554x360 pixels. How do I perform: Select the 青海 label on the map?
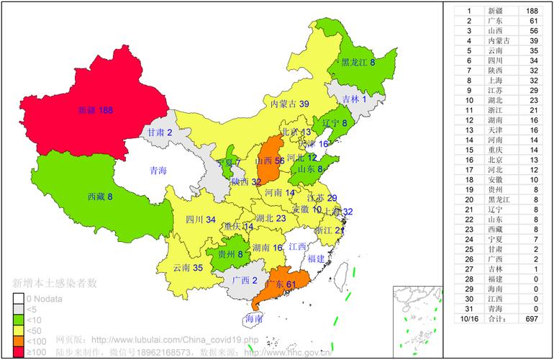tap(158, 171)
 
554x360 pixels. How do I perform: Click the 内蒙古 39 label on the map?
tap(289, 104)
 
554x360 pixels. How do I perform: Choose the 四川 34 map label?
tap(201, 220)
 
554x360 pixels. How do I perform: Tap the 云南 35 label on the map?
tap(188, 268)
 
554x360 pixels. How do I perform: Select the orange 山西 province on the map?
tap(268, 160)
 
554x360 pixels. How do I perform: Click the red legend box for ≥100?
tap(17, 352)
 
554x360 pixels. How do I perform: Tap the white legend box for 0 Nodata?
tap(17, 298)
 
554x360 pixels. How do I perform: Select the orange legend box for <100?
tap(17, 341)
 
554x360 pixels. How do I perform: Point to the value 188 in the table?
tap(532, 11)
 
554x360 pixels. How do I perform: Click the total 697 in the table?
tap(532, 318)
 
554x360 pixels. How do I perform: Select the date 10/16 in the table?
tap(469, 318)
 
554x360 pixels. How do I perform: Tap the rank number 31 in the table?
tap(469, 308)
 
